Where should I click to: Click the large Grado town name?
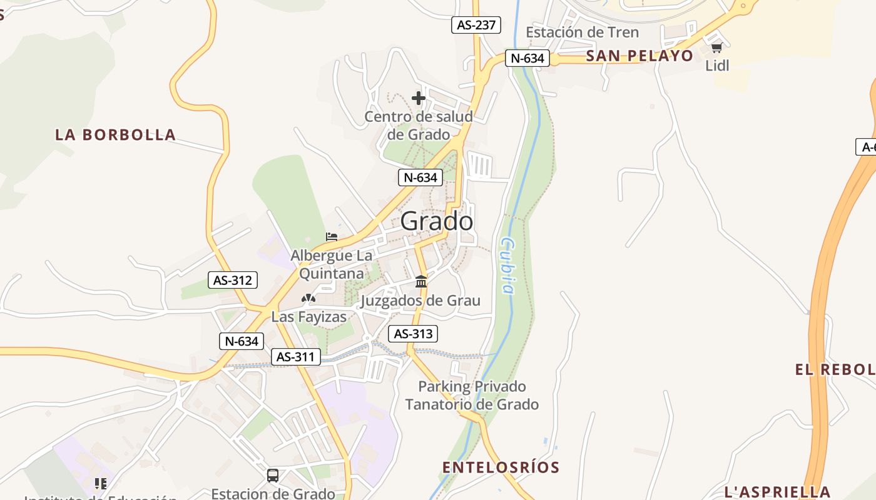[x=436, y=221]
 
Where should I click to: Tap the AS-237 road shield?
[x=476, y=25]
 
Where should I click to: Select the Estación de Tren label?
[x=582, y=32]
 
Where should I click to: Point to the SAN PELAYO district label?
[x=639, y=56]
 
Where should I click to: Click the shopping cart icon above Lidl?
[x=716, y=47]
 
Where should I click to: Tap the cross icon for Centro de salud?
[x=419, y=98]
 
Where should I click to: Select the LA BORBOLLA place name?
[x=115, y=134]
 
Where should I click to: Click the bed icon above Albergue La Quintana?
[x=332, y=237]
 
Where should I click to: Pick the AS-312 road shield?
[x=233, y=280]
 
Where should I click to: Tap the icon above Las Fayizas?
[x=308, y=299]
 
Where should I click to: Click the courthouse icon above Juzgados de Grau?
[x=421, y=281]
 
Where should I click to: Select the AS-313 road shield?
[x=413, y=334]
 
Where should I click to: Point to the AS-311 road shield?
[x=296, y=357]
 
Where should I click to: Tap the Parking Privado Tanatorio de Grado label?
[x=472, y=395]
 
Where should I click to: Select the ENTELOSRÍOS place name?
[x=501, y=467]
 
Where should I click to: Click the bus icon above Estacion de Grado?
[x=273, y=475]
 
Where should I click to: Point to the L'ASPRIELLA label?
[x=777, y=491]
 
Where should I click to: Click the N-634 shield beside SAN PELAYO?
[x=527, y=59]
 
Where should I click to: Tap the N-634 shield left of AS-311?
[x=242, y=341]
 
